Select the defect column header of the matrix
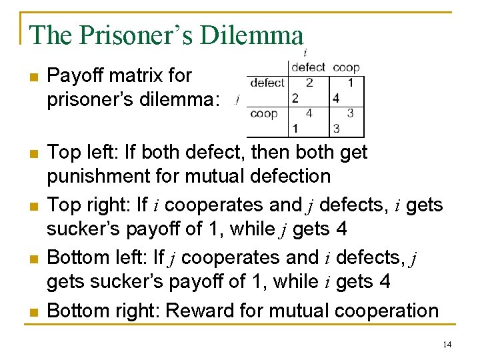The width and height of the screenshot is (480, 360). [308, 67]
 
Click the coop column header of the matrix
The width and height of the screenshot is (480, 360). [346, 67]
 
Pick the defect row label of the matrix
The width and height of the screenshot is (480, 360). [267, 83]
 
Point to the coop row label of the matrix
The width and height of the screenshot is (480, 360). [264, 113]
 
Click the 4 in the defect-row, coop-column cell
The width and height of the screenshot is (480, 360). [336, 99]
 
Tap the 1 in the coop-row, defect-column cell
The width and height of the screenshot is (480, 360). [295, 128]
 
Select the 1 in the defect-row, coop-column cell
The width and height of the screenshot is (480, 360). [351, 83]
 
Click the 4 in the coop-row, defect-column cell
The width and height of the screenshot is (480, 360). [309, 113]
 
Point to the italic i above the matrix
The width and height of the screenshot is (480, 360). [305, 52]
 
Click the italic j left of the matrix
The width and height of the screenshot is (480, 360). [238, 101]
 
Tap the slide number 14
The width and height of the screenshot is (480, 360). [447, 345]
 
